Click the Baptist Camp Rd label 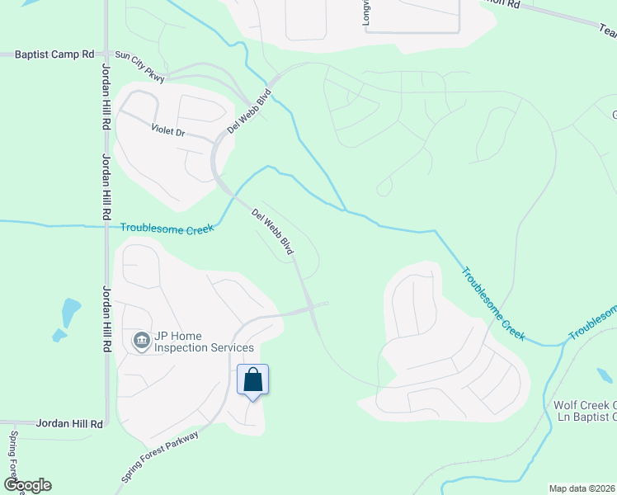[x=55, y=54]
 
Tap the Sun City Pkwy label [x=139, y=68]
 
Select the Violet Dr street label [x=170, y=130]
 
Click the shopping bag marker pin [x=253, y=380]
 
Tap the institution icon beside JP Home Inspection [x=141, y=340]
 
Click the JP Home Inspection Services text [x=202, y=341]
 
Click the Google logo [x=27, y=485]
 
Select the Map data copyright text [x=581, y=488]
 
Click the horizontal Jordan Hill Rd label [x=70, y=423]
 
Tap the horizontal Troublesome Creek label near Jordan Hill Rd [x=167, y=229]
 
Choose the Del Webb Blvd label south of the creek [x=273, y=233]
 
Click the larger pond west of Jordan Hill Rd [x=71, y=311]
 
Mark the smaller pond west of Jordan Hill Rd [x=59, y=336]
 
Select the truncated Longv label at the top [x=368, y=12]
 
